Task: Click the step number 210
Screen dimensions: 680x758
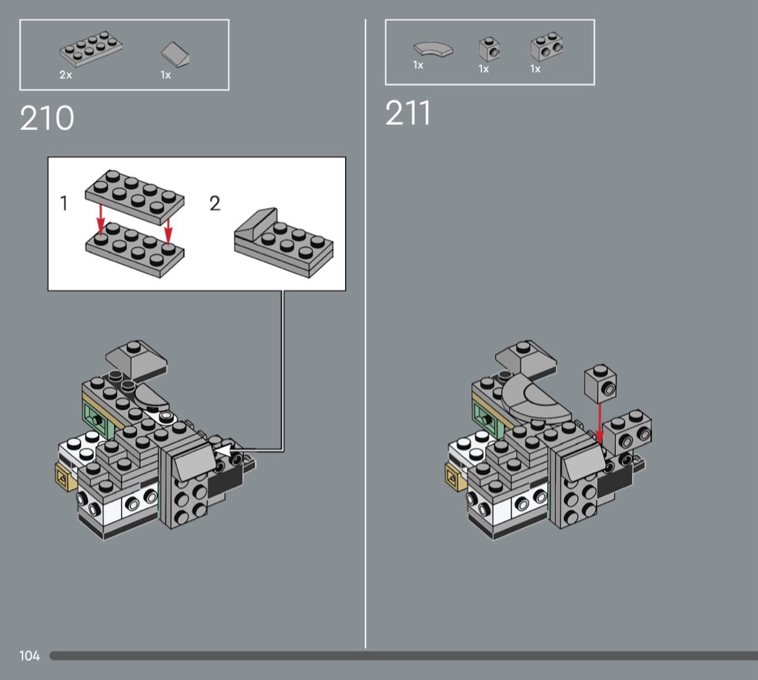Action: [47, 118]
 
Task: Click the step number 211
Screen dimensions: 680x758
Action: [409, 113]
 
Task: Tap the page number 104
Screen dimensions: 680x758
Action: [30, 655]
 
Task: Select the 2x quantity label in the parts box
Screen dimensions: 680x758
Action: [66, 75]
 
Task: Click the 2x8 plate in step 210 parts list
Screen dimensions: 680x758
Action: [91, 49]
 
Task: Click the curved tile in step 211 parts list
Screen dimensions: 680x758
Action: [434, 51]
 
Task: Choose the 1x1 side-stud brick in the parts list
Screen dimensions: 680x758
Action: [489, 50]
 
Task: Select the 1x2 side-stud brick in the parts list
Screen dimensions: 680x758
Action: [546, 48]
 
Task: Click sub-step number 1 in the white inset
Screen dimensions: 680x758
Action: [64, 204]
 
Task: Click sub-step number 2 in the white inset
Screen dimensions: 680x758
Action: [214, 204]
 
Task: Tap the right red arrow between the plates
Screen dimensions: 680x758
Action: [168, 227]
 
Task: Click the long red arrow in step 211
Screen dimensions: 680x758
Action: [599, 422]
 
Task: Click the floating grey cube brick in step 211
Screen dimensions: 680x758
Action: [601, 385]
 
